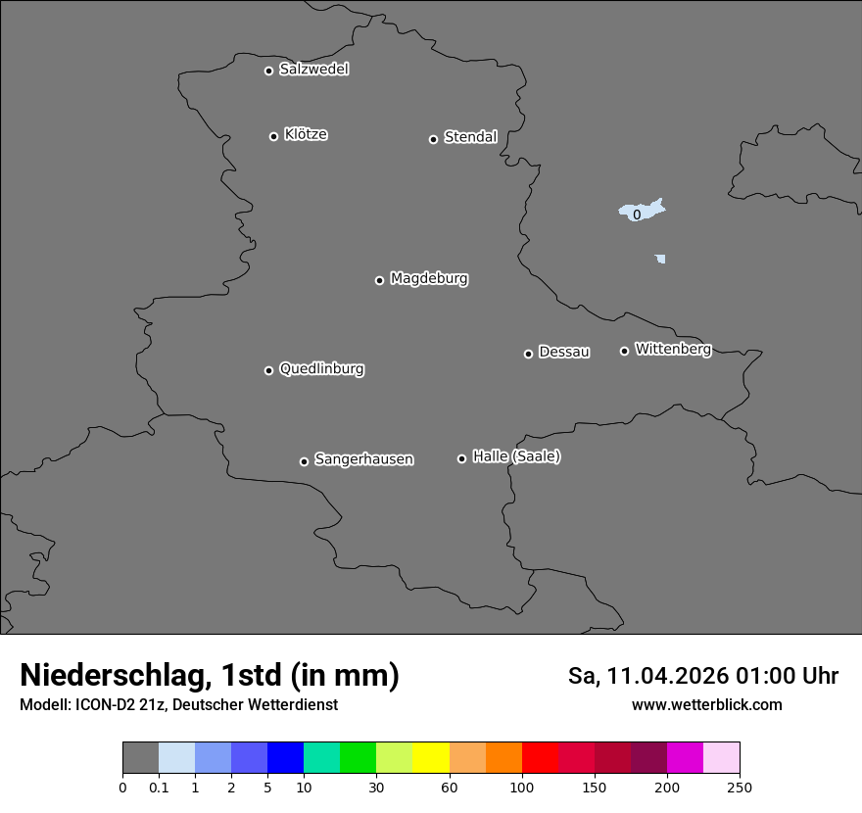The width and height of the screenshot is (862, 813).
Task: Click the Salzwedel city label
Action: tap(313, 70)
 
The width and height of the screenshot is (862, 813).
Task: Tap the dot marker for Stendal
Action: tap(433, 139)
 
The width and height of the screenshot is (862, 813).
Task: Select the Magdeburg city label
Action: tap(428, 279)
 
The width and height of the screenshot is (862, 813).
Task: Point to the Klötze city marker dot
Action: tap(273, 136)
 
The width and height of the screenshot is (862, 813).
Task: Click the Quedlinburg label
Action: tap(321, 369)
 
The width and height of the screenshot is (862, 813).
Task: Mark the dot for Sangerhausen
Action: tap(304, 461)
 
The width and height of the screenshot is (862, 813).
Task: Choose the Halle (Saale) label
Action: tap(516, 456)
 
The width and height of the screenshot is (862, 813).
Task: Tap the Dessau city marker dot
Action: tap(528, 354)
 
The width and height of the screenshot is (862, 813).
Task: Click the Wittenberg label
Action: tap(673, 349)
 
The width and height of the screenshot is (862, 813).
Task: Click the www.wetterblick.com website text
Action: tap(706, 704)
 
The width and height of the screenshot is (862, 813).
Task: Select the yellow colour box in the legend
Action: tap(431, 758)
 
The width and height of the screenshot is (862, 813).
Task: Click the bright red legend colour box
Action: tap(540, 758)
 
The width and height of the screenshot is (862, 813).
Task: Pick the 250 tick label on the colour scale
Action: tap(740, 787)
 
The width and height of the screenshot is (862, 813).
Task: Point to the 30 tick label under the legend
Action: tap(376, 787)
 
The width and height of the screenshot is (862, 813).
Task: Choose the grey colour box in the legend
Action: tap(140, 758)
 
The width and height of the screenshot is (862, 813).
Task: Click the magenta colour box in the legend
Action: tap(685, 758)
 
